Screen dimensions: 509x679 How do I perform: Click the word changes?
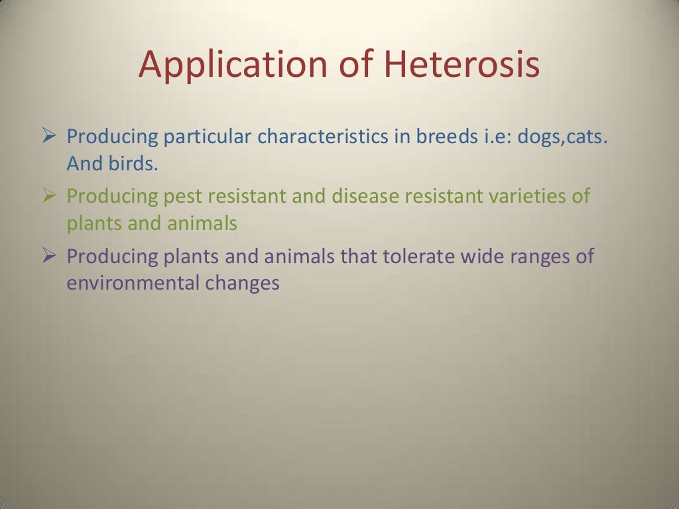point(242,284)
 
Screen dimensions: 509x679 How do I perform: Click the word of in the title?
point(355,65)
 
